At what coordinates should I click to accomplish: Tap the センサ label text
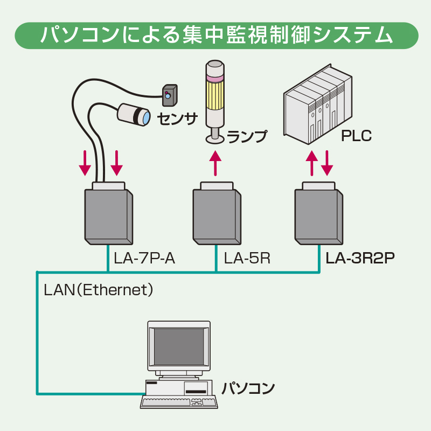(x=177, y=118)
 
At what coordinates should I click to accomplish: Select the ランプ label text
(x=247, y=136)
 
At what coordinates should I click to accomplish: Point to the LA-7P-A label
(x=144, y=259)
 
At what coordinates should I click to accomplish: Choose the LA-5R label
(x=247, y=259)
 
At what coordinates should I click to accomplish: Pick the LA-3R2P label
(x=360, y=259)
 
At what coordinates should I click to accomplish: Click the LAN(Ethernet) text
(x=99, y=290)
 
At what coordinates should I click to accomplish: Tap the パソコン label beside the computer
(x=248, y=388)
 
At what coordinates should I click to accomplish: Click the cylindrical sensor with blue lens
(x=134, y=114)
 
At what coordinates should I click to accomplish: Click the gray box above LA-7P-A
(x=108, y=215)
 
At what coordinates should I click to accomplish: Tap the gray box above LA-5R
(x=216, y=215)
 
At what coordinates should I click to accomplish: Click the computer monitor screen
(x=179, y=345)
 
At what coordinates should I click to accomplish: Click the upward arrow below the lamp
(x=215, y=164)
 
